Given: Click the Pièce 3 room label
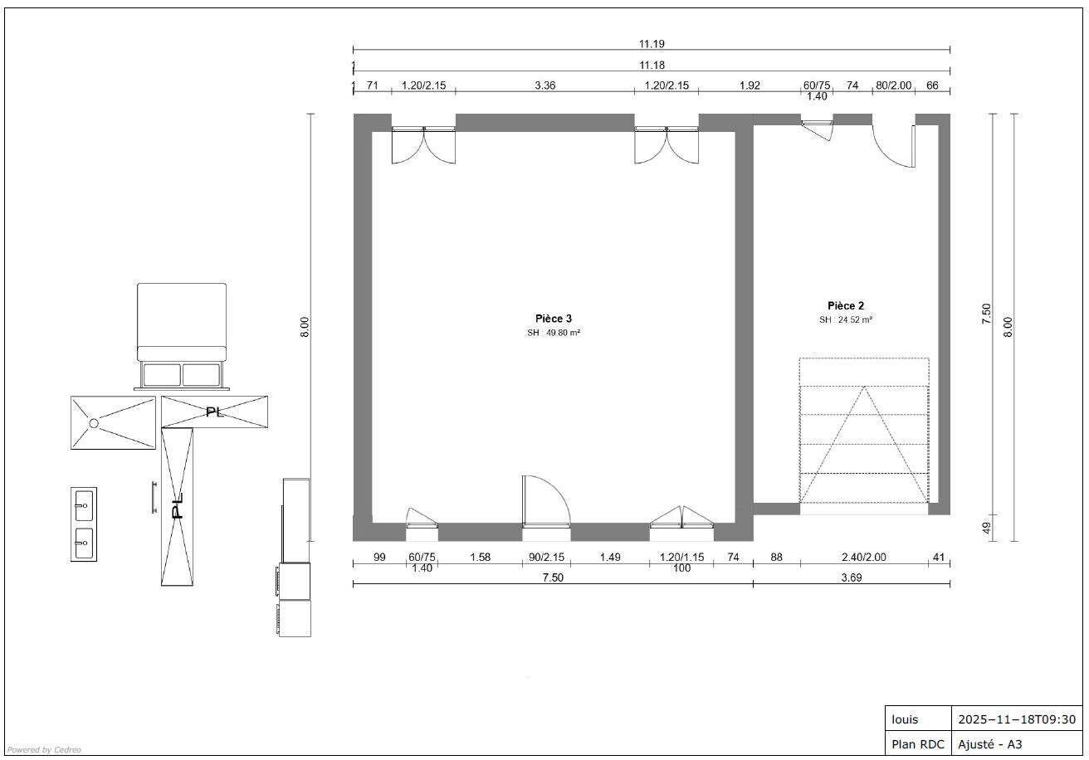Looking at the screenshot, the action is [x=554, y=319].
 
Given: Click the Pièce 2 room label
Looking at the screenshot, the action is [x=846, y=305].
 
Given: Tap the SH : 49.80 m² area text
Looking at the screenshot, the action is [x=554, y=333].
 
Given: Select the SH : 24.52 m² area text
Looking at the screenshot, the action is [x=846, y=319].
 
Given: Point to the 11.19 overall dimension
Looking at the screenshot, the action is [x=652, y=44].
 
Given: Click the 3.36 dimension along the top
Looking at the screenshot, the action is [x=545, y=85].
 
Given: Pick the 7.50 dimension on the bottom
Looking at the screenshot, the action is [x=553, y=577].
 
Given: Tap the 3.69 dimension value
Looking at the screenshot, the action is [x=852, y=577].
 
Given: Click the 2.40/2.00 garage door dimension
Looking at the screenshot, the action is [x=864, y=558].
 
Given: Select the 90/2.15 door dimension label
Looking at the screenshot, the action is [x=546, y=558].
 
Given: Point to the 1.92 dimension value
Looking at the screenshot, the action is [x=750, y=85].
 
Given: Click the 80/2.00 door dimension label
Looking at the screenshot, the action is [x=894, y=85].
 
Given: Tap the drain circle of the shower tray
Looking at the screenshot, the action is [x=94, y=424].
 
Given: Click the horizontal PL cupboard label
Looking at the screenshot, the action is [x=214, y=412].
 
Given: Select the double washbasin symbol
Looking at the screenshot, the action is [x=84, y=524].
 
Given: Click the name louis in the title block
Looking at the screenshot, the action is [x=905, y=719].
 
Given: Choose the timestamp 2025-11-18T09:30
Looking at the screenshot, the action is [x=1017, y=719].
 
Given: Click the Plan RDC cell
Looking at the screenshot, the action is [x=918, y=744].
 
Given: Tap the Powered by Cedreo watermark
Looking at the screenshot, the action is [x=44, y=750].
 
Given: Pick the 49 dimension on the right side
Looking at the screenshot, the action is [x=986, y=528].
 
